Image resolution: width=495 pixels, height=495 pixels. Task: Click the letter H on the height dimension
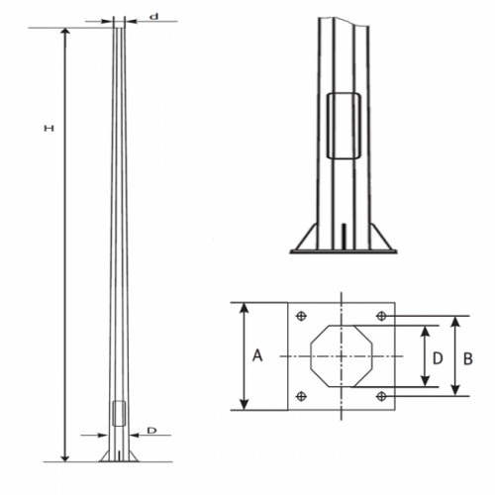(x=46, y=128)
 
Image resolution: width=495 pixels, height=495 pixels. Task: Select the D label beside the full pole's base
(x=151, y=431)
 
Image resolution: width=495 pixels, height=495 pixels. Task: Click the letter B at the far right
(x=468, y=356)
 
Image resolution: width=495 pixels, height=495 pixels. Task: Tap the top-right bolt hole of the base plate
(x=381, y=316)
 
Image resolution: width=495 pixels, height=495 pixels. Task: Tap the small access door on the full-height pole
(x=119, y=414)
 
